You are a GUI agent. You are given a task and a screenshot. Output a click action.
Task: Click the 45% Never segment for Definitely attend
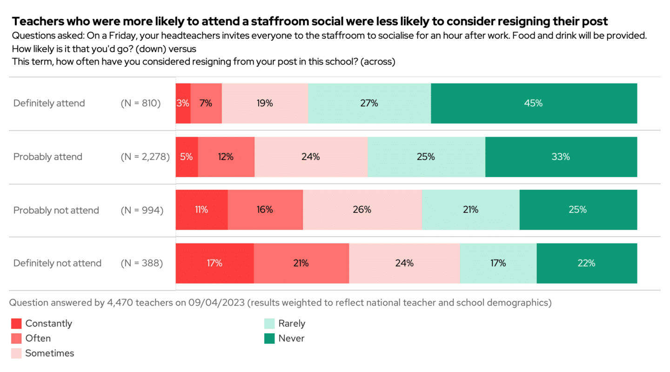534,104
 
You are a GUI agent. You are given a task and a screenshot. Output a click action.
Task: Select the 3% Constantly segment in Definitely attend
183,104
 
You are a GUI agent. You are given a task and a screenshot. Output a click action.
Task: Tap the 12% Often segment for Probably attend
226,157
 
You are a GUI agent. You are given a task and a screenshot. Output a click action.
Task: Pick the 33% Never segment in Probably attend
561,157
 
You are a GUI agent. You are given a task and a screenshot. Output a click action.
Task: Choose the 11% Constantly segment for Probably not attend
201,210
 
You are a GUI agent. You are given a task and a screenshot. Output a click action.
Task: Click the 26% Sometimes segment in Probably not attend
362,210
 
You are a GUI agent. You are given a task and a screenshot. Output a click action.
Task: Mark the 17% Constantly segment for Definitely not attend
214,263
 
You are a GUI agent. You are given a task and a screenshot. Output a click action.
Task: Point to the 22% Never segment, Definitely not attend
586,263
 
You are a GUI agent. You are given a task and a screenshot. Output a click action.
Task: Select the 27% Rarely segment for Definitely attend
369,104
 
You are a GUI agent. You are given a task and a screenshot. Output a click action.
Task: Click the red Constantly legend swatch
16,324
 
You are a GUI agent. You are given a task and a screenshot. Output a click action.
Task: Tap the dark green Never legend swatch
269,339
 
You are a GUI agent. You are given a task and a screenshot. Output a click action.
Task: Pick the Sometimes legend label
50,353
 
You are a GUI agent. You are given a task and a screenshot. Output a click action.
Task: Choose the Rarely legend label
292,324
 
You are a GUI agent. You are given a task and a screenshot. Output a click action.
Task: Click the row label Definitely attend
49,103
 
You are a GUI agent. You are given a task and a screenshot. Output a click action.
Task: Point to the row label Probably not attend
56,210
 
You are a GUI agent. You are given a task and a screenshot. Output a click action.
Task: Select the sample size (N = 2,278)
145,157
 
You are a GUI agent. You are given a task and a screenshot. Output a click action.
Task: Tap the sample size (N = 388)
142,263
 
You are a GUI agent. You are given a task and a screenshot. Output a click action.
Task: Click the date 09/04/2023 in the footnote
216,303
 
